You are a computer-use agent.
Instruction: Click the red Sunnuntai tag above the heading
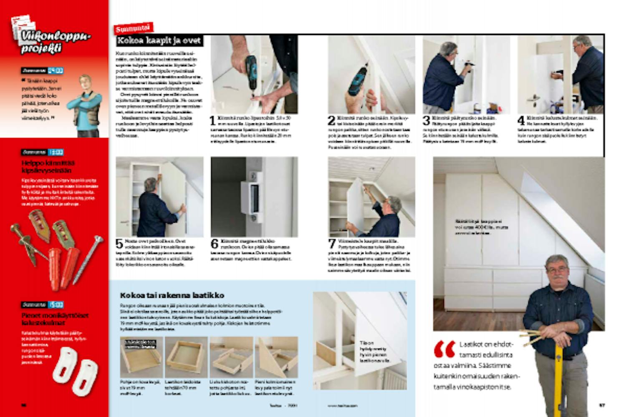134,28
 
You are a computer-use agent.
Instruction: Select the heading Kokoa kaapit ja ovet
159,41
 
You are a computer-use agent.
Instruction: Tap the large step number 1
212,121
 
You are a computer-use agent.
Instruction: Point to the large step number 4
521,121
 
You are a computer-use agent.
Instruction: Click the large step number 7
332,244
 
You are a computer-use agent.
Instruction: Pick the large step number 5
119,244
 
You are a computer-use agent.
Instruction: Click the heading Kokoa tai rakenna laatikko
172,295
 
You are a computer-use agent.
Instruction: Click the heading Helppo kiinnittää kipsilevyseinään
48,167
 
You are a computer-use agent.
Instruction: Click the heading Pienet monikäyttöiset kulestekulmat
55,319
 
